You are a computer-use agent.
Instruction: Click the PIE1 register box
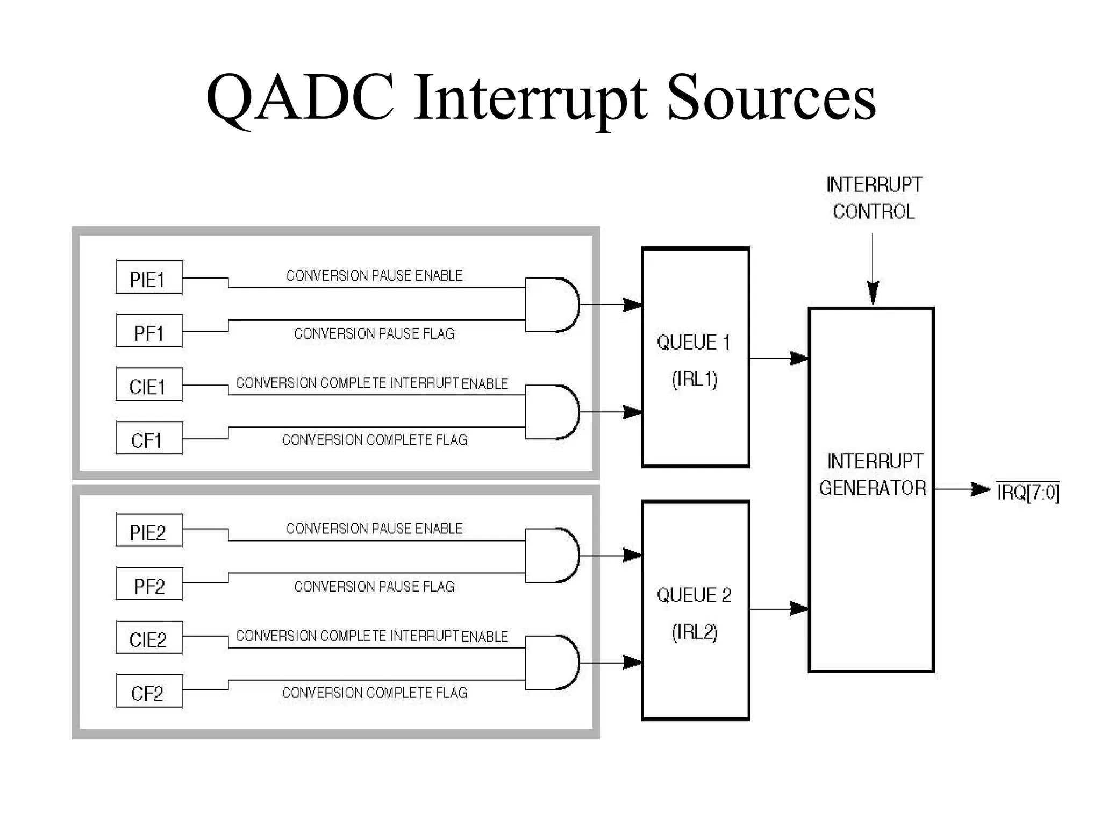pyautogui.click(x=149, y=278)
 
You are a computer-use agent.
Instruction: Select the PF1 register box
pyautogui.click(x=149, y=332)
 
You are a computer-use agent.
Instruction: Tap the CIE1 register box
pyautogui.click(x=149, y=385)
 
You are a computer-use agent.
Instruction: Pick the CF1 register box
pyautogui.click(x=149, y=439)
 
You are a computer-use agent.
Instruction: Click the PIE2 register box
pyautogui.click(x=149, y=531)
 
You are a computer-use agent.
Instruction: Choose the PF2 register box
pyautogui.click(x=149, y=585)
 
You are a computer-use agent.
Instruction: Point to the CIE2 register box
pyautogui.click(x=149, y=638)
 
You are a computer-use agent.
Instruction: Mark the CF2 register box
pyautogui.click(x=149, y=692)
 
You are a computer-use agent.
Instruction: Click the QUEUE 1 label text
pyautogui.click(x=694, y=343)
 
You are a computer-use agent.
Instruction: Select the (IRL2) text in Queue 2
pyautogui.click(x=695, y=632)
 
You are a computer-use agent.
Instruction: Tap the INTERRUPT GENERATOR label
pyautogui.click(x=873, y=475)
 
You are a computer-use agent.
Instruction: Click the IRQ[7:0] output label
pyautogui.click(x=1028, y=492)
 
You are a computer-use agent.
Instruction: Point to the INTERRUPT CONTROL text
pyautogui.click(x=874, y=198)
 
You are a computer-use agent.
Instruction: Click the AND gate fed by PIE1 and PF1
pyautogui.click(x=551, y=305)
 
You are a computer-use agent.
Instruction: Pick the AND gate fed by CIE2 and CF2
pyautogui.click(x=551, y=663)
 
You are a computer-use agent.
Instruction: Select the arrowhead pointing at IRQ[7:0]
pyautogui.click(x=980, y=489)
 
